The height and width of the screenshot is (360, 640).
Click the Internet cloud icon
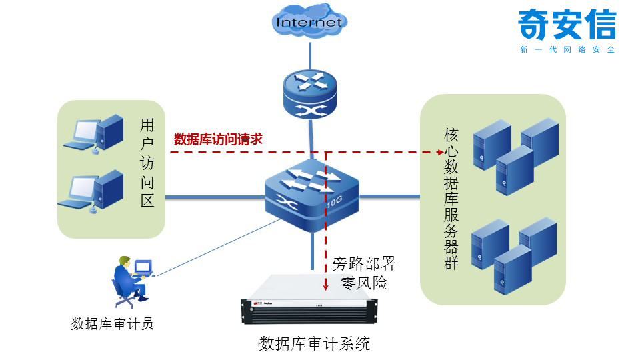(309, 21)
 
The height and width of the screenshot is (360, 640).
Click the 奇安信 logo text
(567, 25)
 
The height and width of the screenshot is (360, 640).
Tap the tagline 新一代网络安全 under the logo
(567, 50)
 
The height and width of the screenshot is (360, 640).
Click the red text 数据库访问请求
(218, 139)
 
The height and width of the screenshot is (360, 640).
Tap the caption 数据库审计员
(112, 324)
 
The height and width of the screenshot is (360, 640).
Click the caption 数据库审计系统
(314, 344)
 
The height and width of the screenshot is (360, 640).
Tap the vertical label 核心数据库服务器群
(451, 198)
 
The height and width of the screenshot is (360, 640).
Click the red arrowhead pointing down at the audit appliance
(326, 287)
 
